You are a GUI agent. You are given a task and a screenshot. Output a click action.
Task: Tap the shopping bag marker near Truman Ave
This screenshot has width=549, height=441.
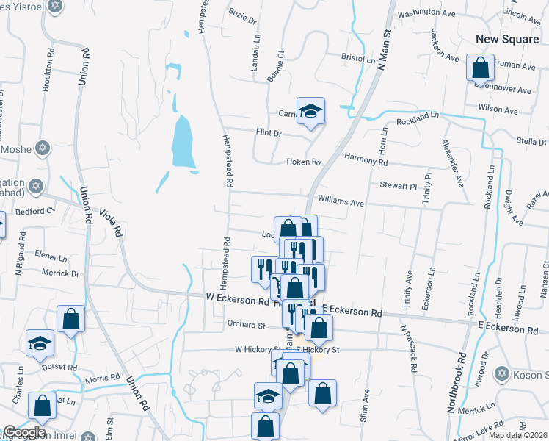(479, 68)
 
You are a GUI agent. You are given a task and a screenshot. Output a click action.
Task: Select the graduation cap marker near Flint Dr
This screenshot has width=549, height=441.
(310, 111)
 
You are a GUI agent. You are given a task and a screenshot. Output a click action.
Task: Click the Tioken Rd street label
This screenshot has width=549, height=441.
(304, 162)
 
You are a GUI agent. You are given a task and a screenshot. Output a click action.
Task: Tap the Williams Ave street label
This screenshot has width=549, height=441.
(341, 202)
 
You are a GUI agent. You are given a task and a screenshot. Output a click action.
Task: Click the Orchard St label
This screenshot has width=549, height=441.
(246, 324)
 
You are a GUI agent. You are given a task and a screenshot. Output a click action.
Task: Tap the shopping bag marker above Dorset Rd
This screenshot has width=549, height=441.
(70, 320)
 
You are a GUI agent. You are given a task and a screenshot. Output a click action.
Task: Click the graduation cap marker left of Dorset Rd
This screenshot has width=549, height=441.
(40, 343)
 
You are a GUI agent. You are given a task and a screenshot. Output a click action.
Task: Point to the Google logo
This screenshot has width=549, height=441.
(24, 431)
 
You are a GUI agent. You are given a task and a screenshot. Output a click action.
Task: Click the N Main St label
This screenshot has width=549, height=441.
(380, 55)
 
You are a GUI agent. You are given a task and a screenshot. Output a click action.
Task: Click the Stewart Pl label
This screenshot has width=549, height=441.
(399, 186)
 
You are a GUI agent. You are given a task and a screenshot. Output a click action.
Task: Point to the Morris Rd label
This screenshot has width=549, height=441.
(101, 379)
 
